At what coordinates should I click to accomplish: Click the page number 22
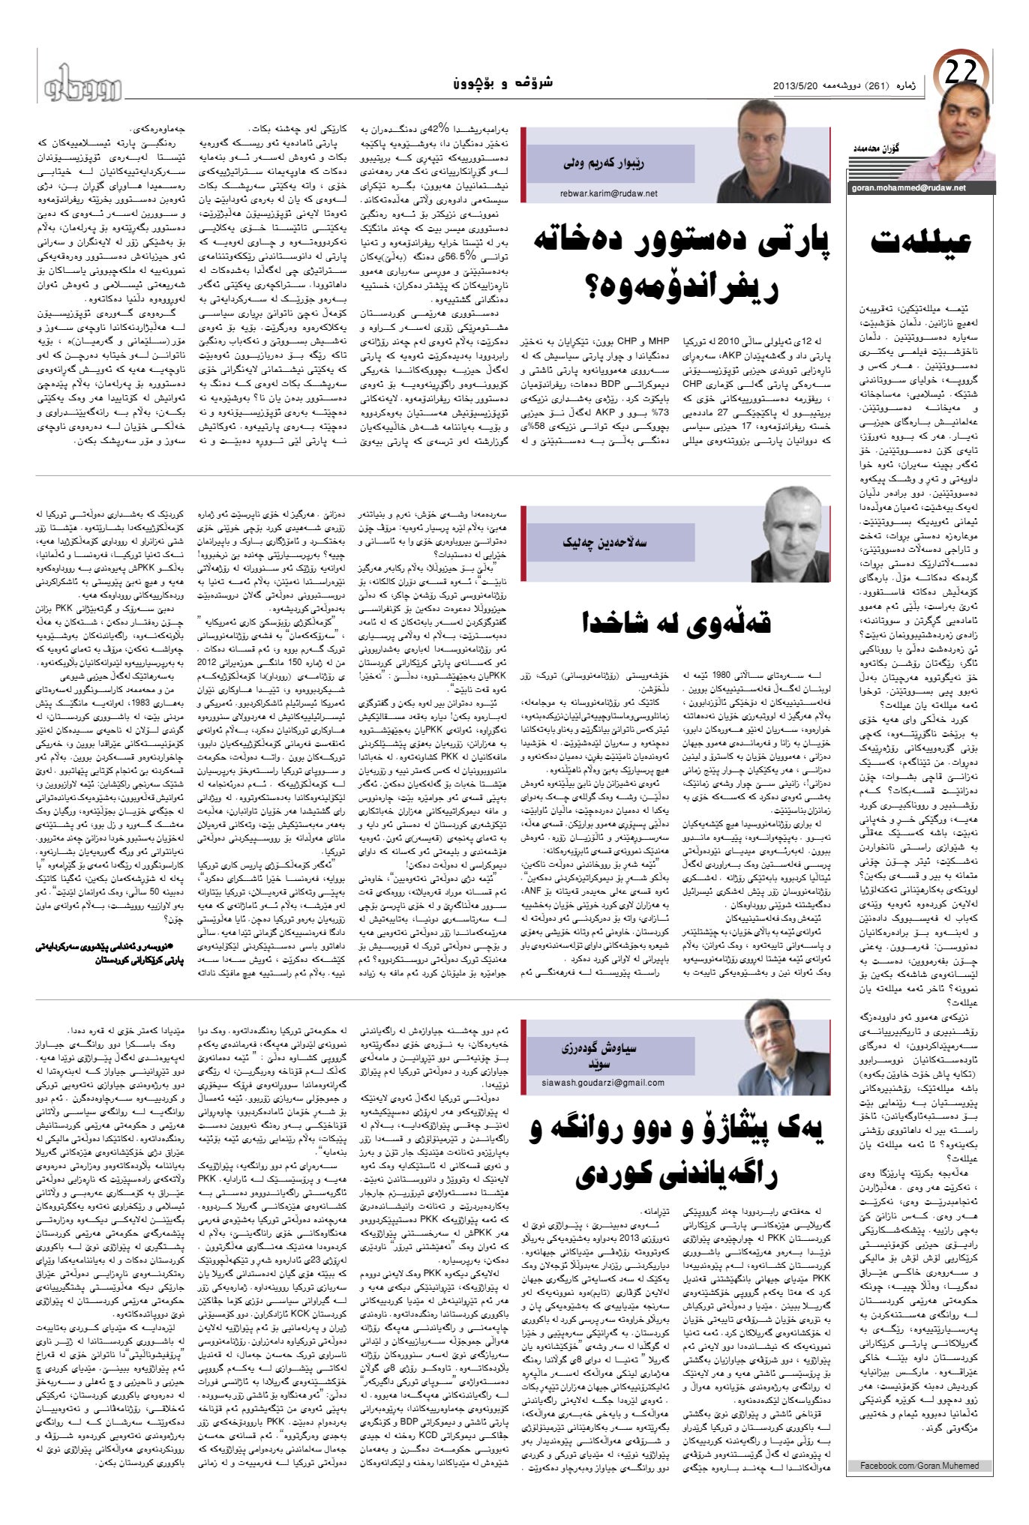click(x=961, y=75)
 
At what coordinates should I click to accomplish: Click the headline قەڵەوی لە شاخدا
click(x=676, y=621)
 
